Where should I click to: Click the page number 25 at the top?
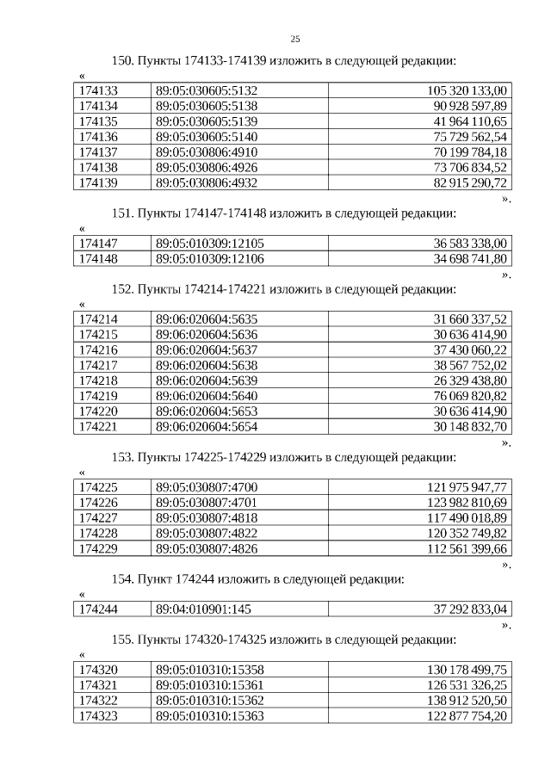pos(295,39)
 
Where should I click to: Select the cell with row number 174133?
pos(98,90)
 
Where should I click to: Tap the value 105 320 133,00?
pos(467,90)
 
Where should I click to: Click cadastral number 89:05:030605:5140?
pos(207,136)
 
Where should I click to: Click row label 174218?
pos(98,380)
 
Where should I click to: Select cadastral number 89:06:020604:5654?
pos(207,427)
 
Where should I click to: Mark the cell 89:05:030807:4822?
pos(207,534)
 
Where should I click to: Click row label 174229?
pos(98,549)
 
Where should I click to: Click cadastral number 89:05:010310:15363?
pos(210,716)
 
